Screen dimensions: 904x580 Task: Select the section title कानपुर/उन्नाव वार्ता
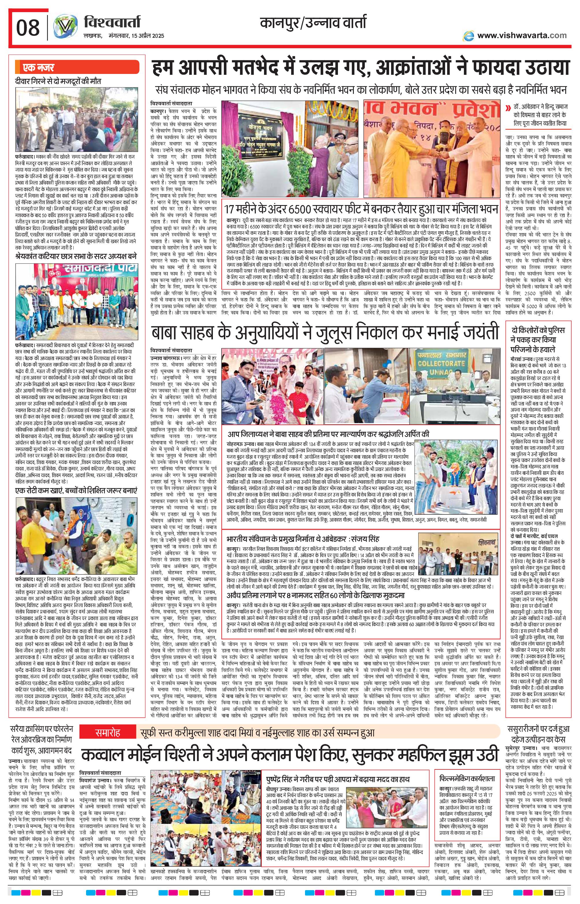(313, 24)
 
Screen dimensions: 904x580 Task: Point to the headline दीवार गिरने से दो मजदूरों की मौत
(58, 81)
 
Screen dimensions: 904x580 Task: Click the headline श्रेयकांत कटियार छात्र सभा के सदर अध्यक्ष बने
(75, 256)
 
